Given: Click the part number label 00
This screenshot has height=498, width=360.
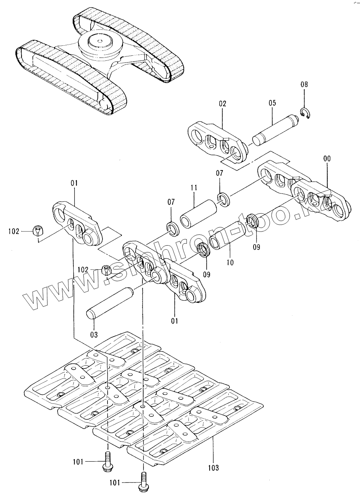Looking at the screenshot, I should [x=327, y=159].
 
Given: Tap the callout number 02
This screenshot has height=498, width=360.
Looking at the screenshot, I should [x=222, y=104].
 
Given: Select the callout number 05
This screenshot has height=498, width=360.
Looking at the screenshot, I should [x=272, y=103].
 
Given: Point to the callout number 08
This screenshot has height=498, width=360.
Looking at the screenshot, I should [x=304, y=85].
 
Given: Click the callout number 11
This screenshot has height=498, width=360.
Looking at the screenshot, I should [x=194, y=188].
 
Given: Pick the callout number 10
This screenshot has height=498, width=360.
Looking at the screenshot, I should [x=230, y=262].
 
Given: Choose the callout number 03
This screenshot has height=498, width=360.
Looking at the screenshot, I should [x=94, y=335].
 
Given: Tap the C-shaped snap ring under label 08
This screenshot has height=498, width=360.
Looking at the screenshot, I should [x=306, y=113].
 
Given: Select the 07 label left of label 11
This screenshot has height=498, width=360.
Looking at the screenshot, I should [x=171, y=202].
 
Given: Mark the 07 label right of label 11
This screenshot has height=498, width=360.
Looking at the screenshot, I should [x=219, y=173].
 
